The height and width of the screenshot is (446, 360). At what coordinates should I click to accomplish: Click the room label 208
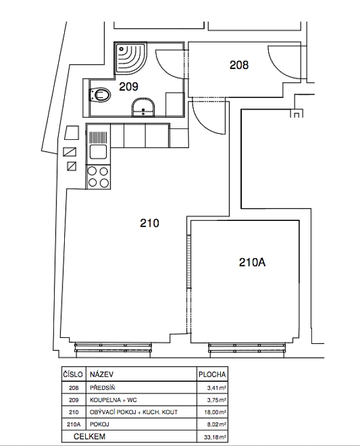(x=239, y=65)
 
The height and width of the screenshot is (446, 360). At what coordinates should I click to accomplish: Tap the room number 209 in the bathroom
(x=128, y=86)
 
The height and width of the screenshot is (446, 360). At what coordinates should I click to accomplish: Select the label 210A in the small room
(x=252, y=262)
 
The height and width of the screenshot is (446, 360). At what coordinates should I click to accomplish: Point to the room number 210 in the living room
(x=149, y=223)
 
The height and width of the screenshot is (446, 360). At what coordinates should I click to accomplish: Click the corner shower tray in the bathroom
(x=131, y=58)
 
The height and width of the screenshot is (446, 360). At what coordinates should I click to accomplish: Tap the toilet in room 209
(x=100, y=95)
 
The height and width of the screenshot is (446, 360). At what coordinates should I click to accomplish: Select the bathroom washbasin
(x=143, y=107)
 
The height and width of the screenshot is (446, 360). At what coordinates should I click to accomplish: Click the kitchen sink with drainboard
(x=98, y=145)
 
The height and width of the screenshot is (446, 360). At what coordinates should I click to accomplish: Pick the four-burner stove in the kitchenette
(x=98, y=177)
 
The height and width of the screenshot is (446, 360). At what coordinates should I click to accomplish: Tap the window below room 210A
(x=247, y=348)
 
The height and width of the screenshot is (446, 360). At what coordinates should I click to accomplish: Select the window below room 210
(x=113, y=348)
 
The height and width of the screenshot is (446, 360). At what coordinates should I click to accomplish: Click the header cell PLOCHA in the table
(x=212, y=375)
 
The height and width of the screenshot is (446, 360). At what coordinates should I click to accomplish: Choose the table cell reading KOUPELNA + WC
(x=113, y=400)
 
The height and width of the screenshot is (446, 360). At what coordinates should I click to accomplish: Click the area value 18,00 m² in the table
(x=215, y=412)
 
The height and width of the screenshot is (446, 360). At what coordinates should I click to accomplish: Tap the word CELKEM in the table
(x=89, y=436)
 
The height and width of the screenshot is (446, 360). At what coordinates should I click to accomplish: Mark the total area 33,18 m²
(x=215, y=437)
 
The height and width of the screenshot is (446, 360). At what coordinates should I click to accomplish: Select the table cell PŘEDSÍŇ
(x=103, y=387)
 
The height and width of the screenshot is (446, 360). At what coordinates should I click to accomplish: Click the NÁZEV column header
(x=101, y=374)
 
